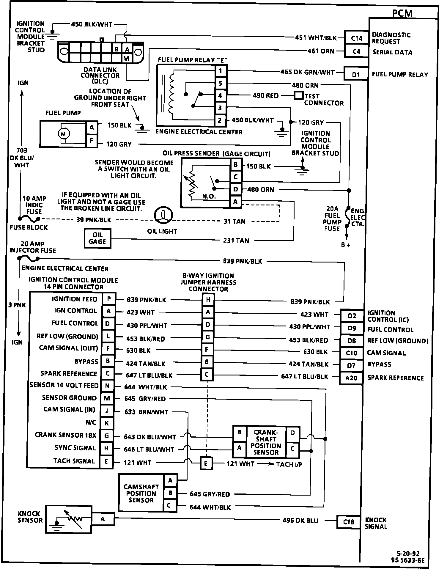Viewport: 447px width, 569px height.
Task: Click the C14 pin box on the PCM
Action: pyautogui.click(x=356, y=38)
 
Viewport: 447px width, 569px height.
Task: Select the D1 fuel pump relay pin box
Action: pyautogui.click(x=356, y=74)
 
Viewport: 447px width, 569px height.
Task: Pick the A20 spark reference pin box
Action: pyautogui.click(x=351, y=378)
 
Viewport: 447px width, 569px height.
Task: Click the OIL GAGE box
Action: pyautogui.click(x=97, y=238)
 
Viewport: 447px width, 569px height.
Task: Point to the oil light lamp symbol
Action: pyautogui.click(x=163, y=215)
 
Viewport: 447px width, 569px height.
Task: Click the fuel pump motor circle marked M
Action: pyautogui.click(x=64, y=134)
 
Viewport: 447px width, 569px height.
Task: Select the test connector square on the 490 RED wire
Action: pyautogui.click(x=298, y=95)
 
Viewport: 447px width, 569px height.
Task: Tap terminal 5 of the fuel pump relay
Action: pyautogui.click(x=220, y=83)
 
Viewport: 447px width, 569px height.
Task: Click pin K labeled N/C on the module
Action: pyautogui.click(x=107, y=423)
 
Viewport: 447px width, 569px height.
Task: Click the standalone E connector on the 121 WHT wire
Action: pyautogui.click(x=206, y=463)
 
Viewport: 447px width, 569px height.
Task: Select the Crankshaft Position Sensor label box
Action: pyautogui.click(x=266, y=442)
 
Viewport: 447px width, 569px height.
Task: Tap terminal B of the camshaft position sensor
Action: pyautogui.click(x=170, y=493)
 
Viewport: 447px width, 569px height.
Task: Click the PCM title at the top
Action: pyautogui.click(x=402, y=13)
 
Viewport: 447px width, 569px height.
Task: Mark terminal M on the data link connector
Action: pyautogui.click(x=126, y=59)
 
